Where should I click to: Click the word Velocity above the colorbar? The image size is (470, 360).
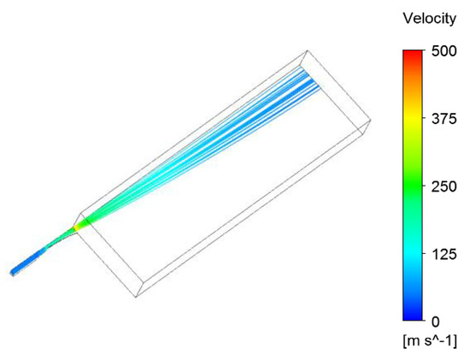click(429, 19)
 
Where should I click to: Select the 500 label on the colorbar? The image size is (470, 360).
click(444, 51)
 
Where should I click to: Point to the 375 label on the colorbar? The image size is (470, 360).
click(444, 119)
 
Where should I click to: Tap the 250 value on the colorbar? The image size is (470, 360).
click(444, 186)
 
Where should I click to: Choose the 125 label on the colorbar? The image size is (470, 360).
click(444, 255)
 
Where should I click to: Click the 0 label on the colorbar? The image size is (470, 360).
click(436, 322)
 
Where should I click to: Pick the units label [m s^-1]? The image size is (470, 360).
click(430, 341)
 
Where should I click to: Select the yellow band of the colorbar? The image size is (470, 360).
click(413, 119)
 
